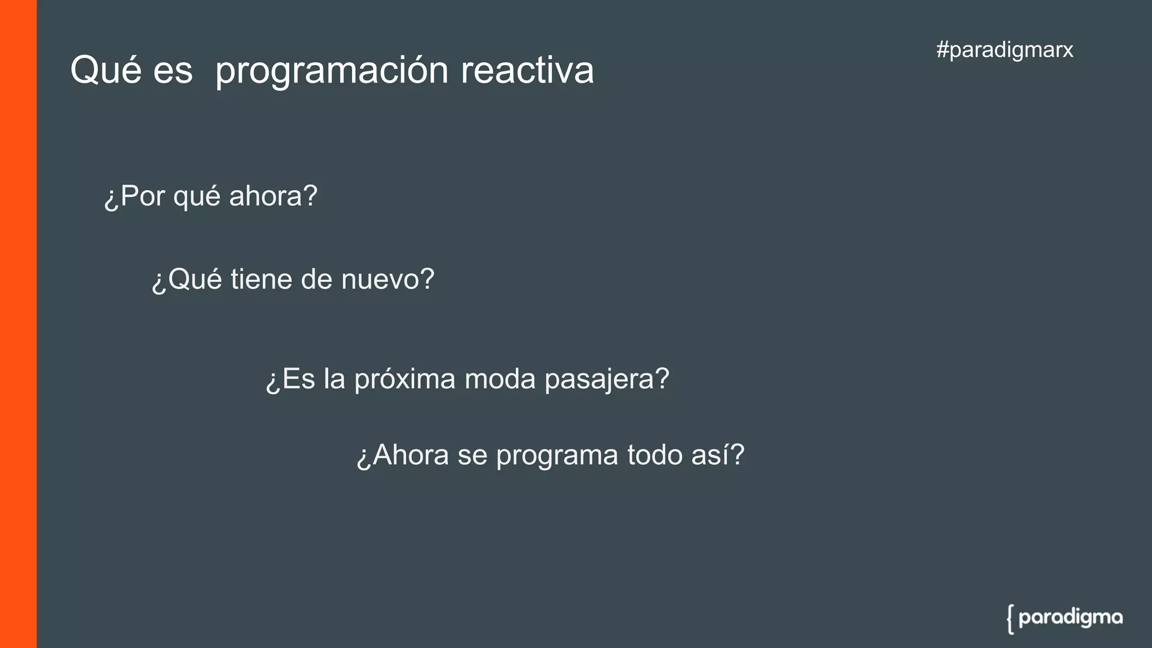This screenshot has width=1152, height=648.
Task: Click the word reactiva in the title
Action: pyautogui.click(x=527, y=71)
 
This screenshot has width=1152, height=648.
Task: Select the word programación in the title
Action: pyautogui.click(x=332, y=72)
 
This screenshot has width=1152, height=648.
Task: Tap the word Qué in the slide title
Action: pyautogui.click(x=105, y=71)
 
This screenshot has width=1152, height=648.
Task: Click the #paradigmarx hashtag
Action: pyautogui.click(x=1005, y=50)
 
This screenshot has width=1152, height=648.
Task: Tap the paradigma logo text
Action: pyautogui.click(x=1070, y=618)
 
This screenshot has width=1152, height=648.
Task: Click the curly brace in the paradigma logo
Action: pyautogui.click(x=1011, y=619)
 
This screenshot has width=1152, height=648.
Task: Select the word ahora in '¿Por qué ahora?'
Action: pyautogui.click(x=273, y=196)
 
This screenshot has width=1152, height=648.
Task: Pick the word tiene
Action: pyautogui.click(x=262, y=280)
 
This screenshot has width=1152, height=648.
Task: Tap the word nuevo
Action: pyautogui.click(x=388, y=280)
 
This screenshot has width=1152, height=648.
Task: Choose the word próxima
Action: pyautogui.click(x=404, y=380)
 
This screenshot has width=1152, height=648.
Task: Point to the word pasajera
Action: pyautogui.click(x=606, y=380)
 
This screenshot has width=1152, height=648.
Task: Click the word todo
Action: pyautogui.click(x=655, y=455)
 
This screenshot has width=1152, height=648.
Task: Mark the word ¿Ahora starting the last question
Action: pyautogui.click(x=403, y=455)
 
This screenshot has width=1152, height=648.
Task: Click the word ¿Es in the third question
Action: pyautogui.click(x=290, y=379)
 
